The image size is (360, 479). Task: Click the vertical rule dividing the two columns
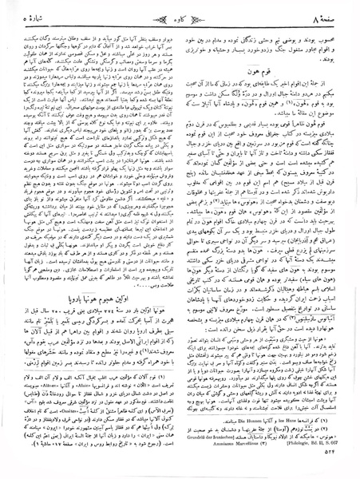[x=180, y=200]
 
